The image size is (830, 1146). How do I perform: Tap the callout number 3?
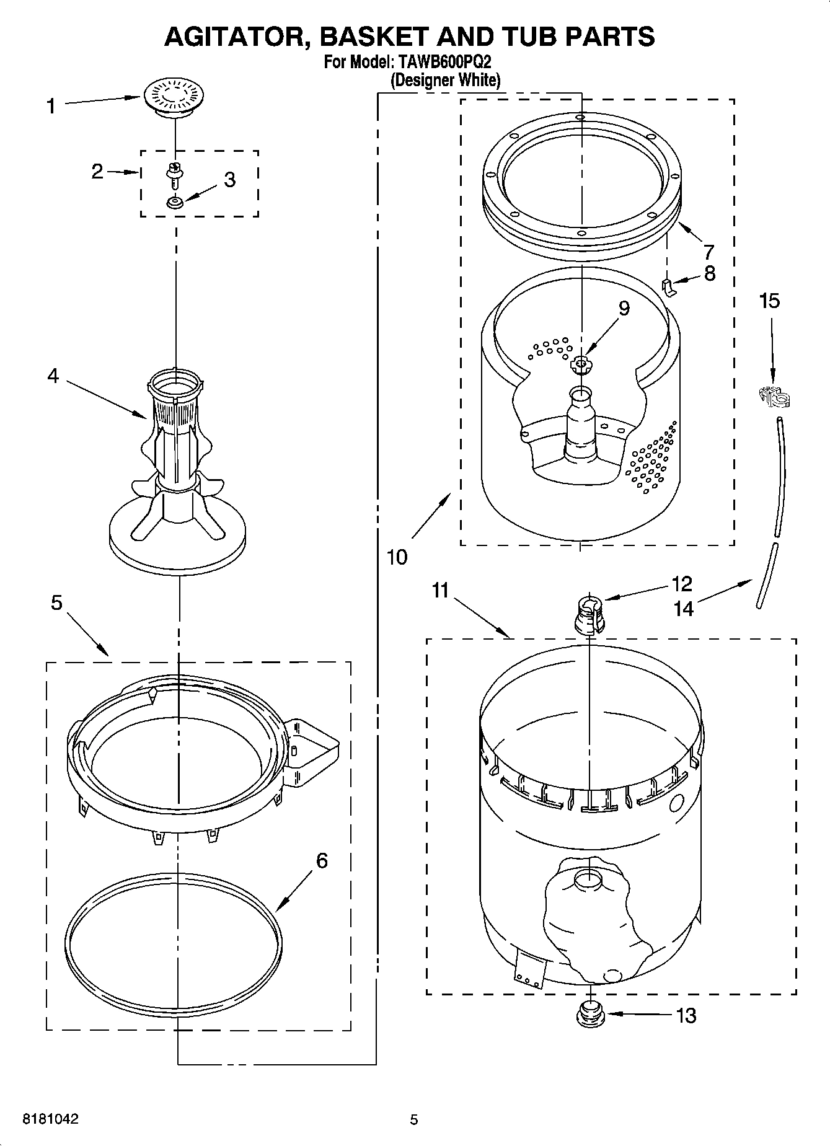[229, 180]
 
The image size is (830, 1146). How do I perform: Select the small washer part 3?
[175, 202]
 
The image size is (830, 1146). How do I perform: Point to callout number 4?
[53, 375]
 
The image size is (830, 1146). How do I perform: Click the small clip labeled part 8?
[667, 286]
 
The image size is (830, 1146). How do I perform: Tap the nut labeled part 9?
[581, 364]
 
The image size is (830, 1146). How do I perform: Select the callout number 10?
[397, 557]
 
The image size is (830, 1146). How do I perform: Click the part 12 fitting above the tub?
[589, 614]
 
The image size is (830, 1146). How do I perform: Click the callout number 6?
[322, 860]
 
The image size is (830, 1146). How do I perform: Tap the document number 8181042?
[50, 1119]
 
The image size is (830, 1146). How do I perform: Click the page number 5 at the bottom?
[414, 1119]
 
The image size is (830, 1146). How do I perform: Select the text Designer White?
[444, 80]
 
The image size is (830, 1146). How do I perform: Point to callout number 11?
[440, 591]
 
